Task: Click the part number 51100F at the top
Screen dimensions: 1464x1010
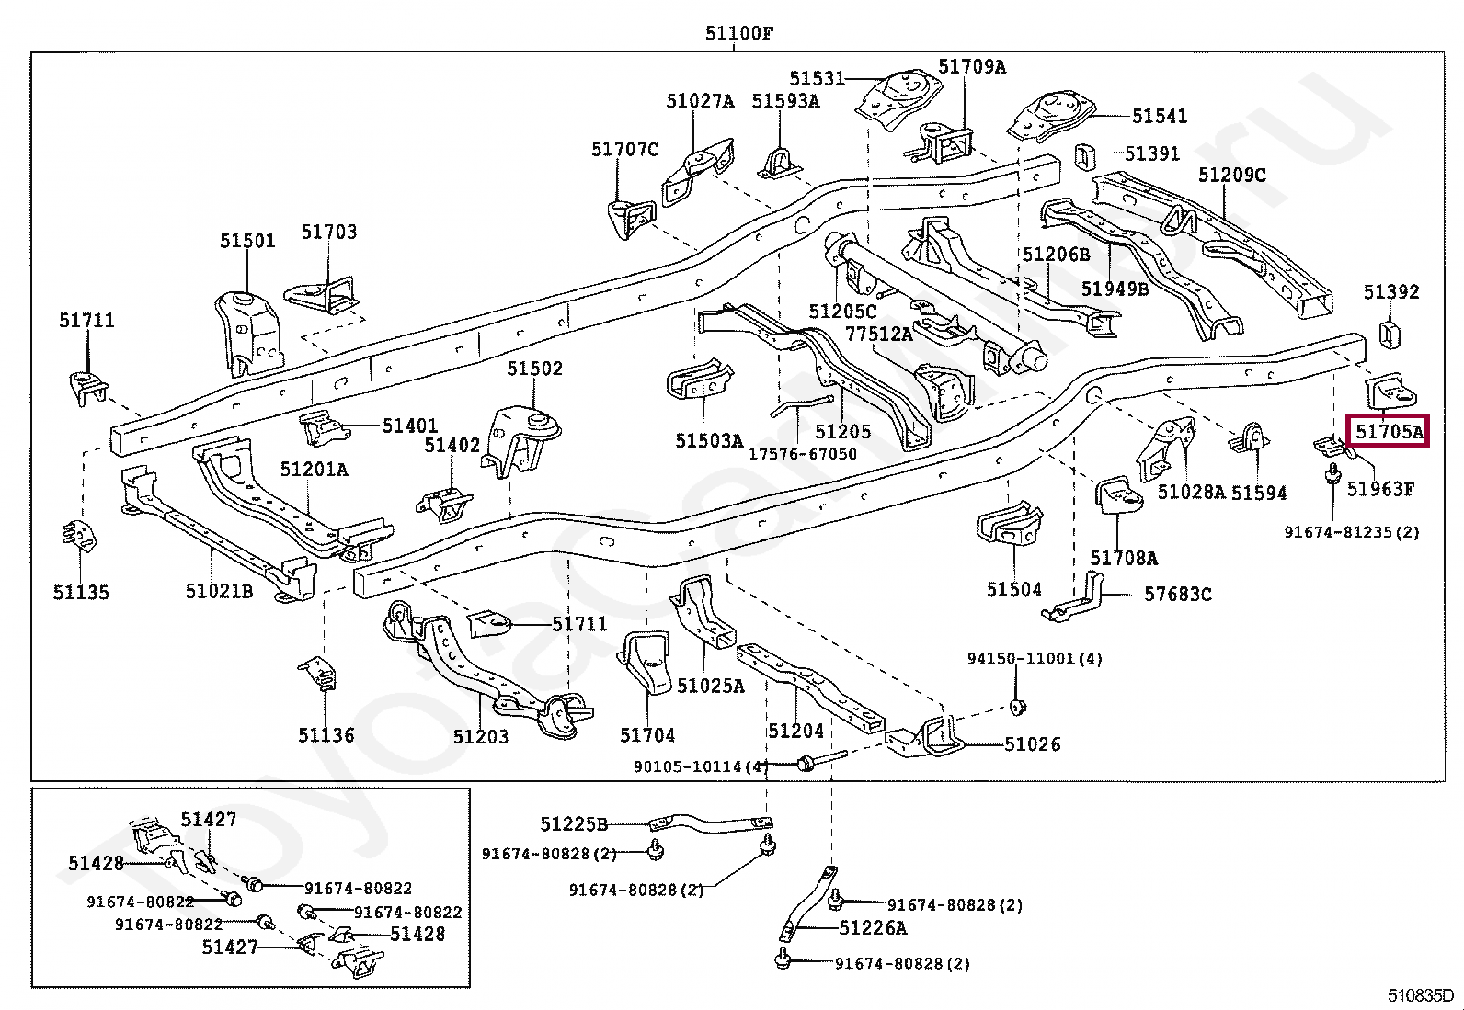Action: tap(739, 33)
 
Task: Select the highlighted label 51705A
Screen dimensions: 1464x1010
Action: tap(1389, 431)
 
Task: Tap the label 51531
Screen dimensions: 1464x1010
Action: tap(818, 78)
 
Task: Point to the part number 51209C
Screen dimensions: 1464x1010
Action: tap(1232, 176)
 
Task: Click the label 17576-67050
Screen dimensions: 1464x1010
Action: tap(803, 453)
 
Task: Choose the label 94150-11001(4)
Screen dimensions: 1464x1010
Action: tap(1035, 659)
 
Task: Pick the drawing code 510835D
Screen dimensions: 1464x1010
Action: tap(1420, 995)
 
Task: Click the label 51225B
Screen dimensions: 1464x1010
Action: tap(574, 824)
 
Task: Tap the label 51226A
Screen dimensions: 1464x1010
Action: tap(874, 927)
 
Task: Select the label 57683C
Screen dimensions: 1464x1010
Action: tap(1178, 594)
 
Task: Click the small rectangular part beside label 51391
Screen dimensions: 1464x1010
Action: tap(1084, 156)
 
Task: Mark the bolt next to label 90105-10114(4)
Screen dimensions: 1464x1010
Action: tap(821, 760)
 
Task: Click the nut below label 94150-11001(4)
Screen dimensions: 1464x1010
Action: tap(1018, 707)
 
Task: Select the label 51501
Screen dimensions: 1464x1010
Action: tap(247, 241)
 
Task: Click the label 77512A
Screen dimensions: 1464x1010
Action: tap(879, 334)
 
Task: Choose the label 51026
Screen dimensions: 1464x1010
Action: tap(1033, 744)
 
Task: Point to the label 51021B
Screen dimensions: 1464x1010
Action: tap(219, 591)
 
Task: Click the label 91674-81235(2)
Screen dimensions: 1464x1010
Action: tap(1352, 532)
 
